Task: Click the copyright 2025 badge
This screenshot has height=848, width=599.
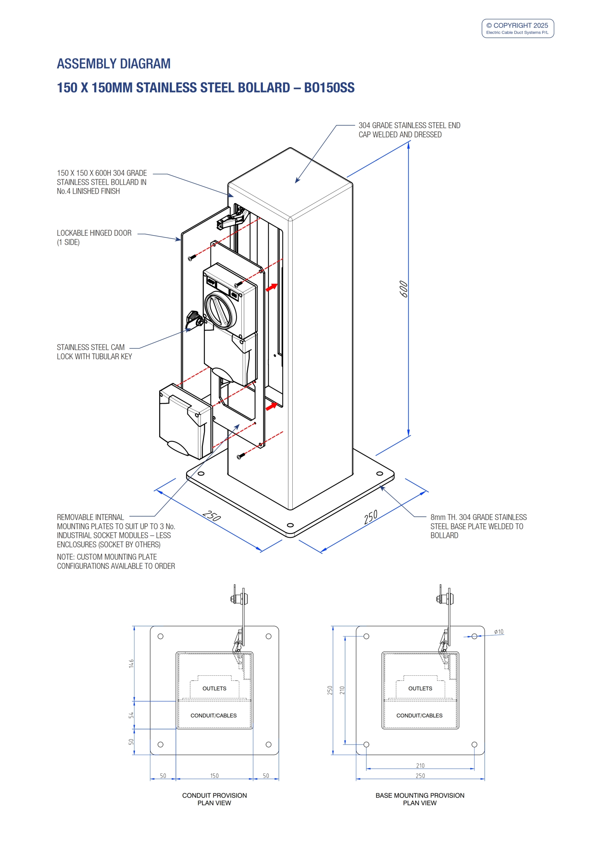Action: pyautogui.click(x=518, y=28)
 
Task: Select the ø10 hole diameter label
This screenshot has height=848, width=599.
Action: pyautogui.click(x=499, y=632)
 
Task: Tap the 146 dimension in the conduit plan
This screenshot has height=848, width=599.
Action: pyautogui.click(x=131, y=663)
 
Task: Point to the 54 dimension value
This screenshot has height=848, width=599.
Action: pyautogui.click(x=131, y=715)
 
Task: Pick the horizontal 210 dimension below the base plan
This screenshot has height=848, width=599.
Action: pyautogui.click(x=420, y=766)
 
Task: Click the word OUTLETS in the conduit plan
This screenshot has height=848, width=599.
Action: pyautogui.click(x=214, y=688)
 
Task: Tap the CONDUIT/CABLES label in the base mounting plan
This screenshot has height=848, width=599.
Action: pyautogui.click(x=419, y=715)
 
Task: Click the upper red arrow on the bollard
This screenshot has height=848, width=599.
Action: pyautogui.click(x=272, y=287)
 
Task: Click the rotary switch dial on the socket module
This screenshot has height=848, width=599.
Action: pyautogui.click(x=221, y=309)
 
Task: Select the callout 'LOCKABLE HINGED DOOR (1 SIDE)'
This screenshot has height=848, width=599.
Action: pyautogui.click(x=94, y=238)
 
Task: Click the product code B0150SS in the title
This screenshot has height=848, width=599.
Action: pyautogui.click(x=329, y=87)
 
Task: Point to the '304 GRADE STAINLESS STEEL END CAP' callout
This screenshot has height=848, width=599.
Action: pyautogui.click(x=409, y=130)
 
